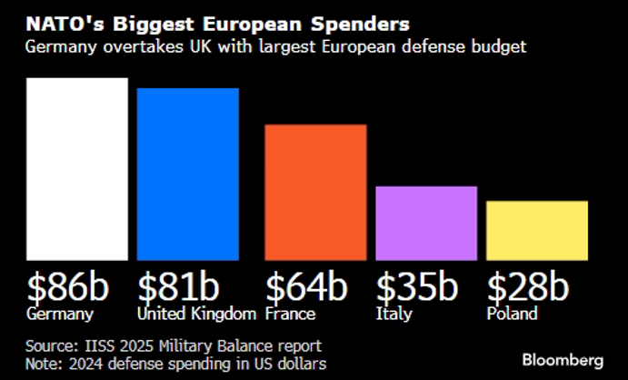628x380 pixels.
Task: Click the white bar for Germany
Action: coord(76,168)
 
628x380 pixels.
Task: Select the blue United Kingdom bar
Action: coord(187,174)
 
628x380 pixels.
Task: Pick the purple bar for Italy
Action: coord(426,223)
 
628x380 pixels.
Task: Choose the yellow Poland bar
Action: coord(536,230)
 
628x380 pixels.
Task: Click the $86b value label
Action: coord(68,286)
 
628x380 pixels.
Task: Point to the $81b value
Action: coord(178,286)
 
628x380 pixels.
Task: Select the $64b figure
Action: coord(306,286)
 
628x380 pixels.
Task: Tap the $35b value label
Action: coord(417,286)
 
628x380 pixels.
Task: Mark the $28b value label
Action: coord(528,286)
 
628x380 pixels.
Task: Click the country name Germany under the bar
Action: coord(60,315)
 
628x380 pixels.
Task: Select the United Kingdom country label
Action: coord(196,315)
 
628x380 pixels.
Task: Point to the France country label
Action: coord(290,315)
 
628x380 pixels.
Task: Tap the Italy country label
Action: coord(394,315)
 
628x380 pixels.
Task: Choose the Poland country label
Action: coord(512,315)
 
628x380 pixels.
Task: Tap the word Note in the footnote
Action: coord(44,364)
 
